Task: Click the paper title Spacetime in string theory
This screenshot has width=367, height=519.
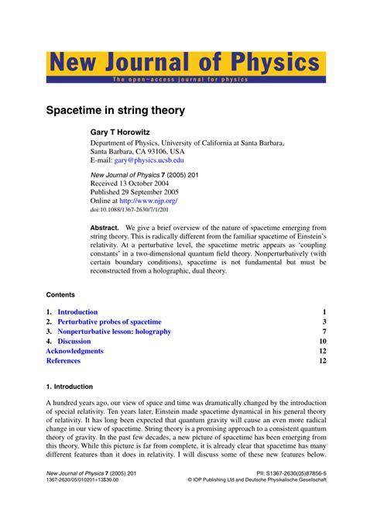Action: point(115,111)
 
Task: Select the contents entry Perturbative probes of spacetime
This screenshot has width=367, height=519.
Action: point(109,321)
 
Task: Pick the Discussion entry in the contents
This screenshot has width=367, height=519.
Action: point(74,341)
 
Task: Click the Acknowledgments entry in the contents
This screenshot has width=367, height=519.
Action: point(74,351)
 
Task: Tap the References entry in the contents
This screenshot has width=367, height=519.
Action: point(63,361)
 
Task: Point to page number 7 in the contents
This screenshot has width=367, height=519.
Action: point(324,332)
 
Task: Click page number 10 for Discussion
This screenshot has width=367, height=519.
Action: point(322,341)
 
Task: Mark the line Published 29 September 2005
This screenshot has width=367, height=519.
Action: point(135,189)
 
